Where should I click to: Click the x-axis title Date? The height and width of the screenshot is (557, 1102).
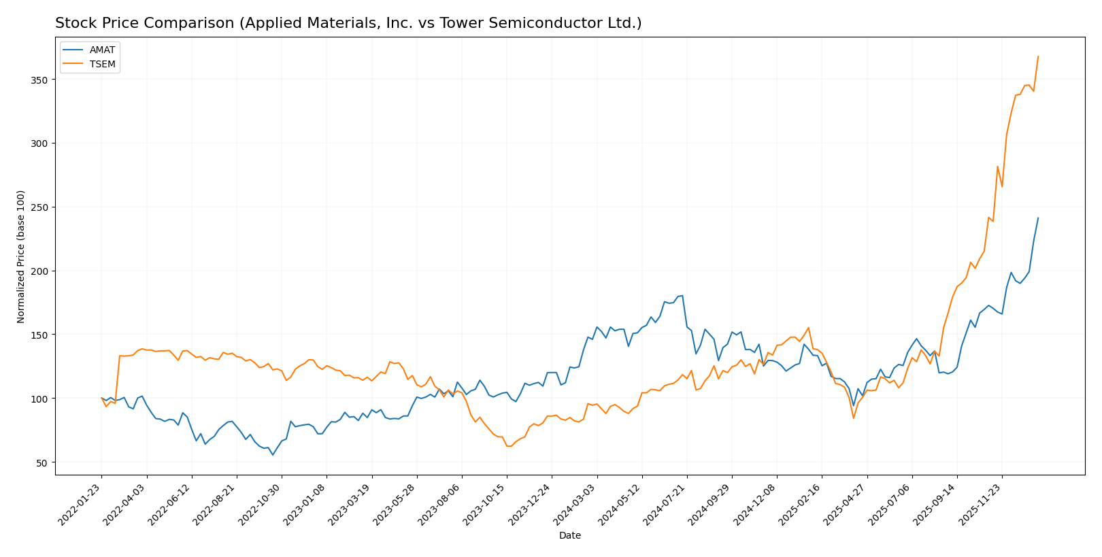[x=569, y=536]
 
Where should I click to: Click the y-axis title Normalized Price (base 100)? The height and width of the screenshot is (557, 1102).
[x=21, y=256]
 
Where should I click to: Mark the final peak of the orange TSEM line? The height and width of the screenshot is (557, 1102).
[x=1038, y=56]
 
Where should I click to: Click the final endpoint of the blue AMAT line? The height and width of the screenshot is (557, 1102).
[x=1038, y=218]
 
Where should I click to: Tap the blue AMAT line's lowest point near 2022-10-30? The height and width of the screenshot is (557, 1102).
[x=273, y=454]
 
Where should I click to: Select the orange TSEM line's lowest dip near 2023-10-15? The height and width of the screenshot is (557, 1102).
[x=508, y=446]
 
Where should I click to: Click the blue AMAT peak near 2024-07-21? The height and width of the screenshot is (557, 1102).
[x=682, y=296]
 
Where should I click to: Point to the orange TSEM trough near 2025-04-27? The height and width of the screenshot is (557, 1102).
[x=853, y=418]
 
